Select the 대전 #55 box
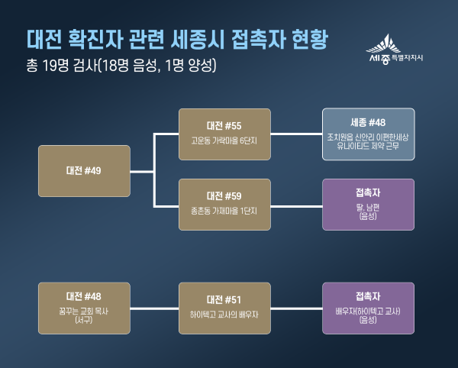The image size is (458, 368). click(224, 134)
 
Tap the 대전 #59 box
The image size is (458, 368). click(224, 205)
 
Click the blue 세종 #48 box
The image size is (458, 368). click(369, 134)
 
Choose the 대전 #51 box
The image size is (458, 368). click(224, 308)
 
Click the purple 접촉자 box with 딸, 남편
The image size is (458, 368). click(369, 205)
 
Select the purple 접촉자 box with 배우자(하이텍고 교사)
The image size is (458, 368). click(369, 308)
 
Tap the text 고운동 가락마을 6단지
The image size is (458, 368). click(224, 141)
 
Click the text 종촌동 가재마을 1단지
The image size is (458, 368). click(224, 211)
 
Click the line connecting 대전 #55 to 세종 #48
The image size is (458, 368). click(296, 134)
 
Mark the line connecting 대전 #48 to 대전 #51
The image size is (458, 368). click(153, 308)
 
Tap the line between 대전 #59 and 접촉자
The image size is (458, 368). click(296, 205)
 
